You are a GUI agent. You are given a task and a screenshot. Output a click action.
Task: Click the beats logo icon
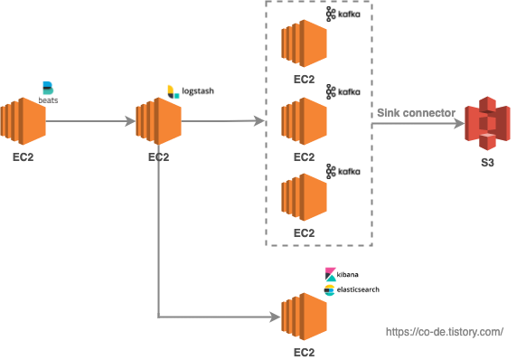[48, 88]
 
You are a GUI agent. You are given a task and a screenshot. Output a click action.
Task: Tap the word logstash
[198, 91]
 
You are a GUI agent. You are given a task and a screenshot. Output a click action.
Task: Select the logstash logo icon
[174, 92]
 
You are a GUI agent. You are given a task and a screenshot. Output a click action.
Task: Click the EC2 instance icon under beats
[23, 121]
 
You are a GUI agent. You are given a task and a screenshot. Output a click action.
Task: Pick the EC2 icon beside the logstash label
[158, 121]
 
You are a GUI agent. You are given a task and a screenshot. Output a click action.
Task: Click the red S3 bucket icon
[487, 123]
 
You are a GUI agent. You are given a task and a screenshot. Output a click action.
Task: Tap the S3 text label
[487, 163]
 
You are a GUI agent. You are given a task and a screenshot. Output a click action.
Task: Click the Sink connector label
[416, 113]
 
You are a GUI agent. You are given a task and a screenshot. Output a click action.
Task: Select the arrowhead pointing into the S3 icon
[460, 124]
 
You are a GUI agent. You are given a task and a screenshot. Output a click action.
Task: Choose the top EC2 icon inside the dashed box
[304, 43]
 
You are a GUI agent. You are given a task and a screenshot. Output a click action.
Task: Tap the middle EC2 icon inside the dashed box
[304, 121]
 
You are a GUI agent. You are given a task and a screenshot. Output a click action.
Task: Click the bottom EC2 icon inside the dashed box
[304, 197]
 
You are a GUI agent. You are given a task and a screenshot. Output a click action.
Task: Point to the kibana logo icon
[331, 274]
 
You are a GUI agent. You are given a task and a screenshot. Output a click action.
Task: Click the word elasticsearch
[358, 289]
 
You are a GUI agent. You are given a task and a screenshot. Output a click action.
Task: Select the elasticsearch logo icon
[329, 290]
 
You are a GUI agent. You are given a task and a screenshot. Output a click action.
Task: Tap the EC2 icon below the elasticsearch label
[304, 317]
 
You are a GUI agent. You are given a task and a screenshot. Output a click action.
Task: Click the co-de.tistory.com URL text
[445, 332]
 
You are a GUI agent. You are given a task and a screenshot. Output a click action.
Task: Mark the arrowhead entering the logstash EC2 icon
[130, 121]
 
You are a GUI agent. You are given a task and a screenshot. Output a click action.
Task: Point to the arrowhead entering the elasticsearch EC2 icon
[276, 317]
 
